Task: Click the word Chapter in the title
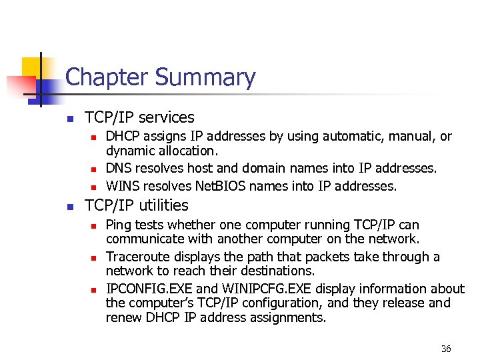(x=107, y=77)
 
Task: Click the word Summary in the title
(x=205, y=79)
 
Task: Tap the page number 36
(x=446, y=349)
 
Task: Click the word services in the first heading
(x=165, y=118)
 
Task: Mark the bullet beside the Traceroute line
(x=94, y=258)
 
